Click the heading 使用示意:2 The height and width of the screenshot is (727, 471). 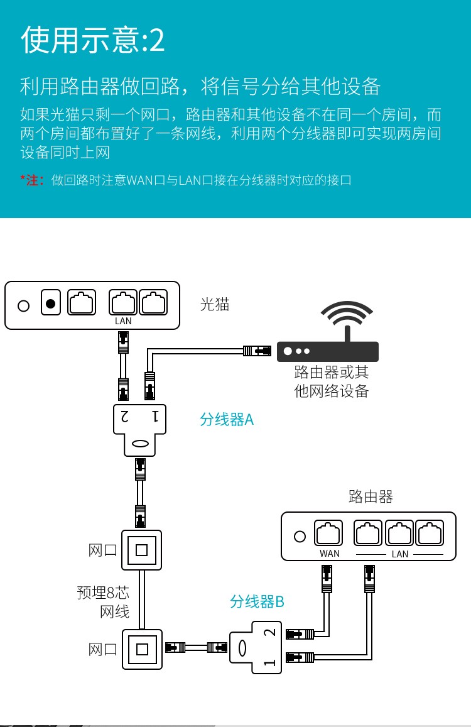[x=93, y=40]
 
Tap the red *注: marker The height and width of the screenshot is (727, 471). [x=31, y=180]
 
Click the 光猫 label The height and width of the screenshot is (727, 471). [x=215, y=305]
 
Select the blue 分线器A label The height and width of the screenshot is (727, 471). [x=227, y=419]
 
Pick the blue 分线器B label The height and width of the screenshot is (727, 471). [x=257, y=601]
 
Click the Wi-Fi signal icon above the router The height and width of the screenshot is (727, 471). [x=347, y=317]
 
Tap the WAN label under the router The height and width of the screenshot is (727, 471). [x=329, y=554]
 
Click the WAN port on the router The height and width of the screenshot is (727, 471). [x=328, y=534]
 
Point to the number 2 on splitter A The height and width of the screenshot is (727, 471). [x=124, y=415]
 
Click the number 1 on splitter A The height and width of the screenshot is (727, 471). [x=154, y=415]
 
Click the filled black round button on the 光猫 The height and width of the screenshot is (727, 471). [x=51, y=305]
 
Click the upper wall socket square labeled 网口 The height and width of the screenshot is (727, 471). [x=141, y=550]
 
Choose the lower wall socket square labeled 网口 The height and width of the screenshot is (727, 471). [x=141, y=648]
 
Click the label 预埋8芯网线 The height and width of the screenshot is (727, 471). [x=103, y=601]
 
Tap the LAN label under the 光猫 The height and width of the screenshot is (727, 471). [x=123, y=321]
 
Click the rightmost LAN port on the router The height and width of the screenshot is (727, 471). [x=430, y=534]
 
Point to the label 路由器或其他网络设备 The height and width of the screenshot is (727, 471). [x=331, y=381]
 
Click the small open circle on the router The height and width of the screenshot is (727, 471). [x=300, y=537]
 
